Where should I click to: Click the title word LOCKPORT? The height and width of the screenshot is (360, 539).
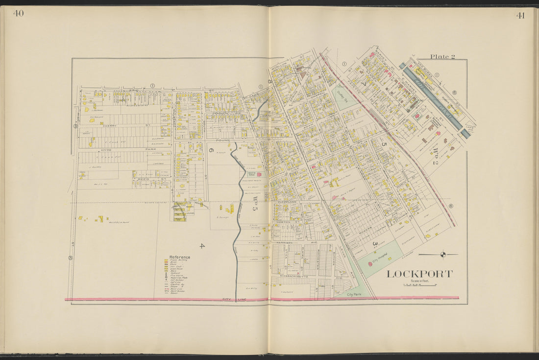419,274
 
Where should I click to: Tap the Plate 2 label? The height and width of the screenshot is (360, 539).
442,56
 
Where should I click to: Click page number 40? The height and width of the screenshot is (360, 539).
18,13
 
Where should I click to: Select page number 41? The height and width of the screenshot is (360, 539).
520,15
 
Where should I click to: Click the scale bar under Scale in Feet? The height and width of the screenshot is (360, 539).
419,285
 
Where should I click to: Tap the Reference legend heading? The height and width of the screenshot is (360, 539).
179,257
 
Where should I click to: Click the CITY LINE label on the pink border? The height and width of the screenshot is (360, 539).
233,299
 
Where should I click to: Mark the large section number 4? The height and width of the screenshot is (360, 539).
201,245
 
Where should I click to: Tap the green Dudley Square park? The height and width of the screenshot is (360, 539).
344,97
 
